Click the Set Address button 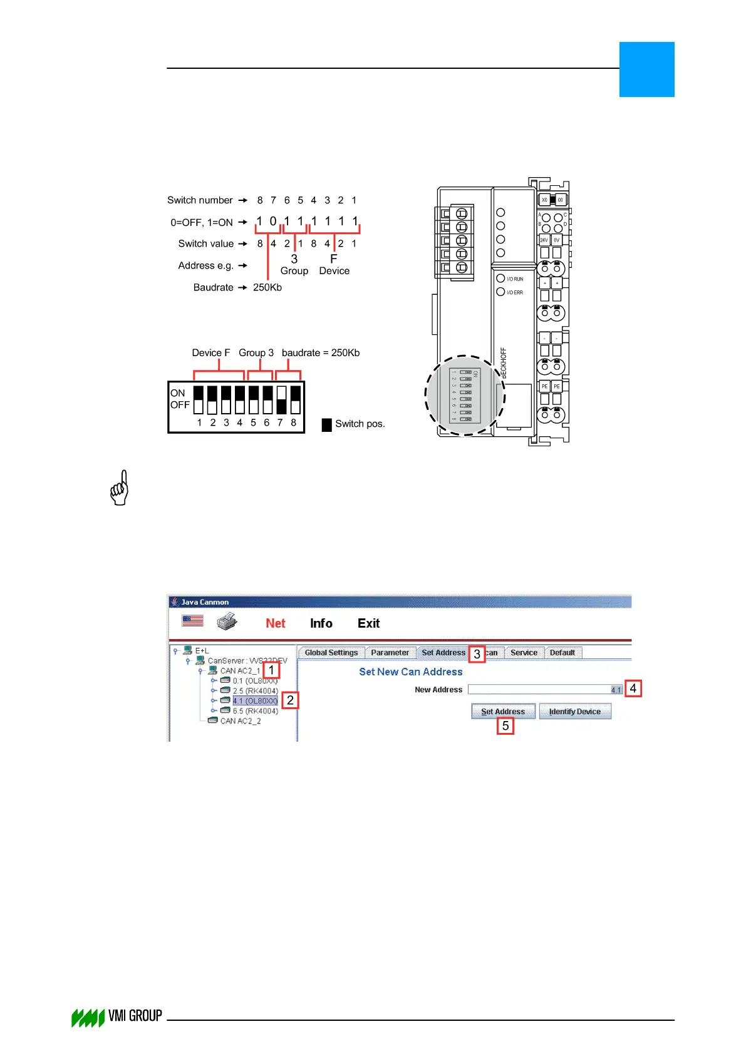(x=503, y=712)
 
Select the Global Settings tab (x=331, y=653)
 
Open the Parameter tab (x=390, y=653)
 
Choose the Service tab (x=524, y=653)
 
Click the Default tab (x=562, y=653)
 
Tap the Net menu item (x=276, y=623)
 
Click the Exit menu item (x=368, y=623)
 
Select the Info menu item (x=321, y=623)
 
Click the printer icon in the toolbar (x=227, y=622)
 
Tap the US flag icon (x=193, y=620)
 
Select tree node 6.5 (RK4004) (x=255, y=711)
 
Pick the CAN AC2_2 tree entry (x=241, y=721)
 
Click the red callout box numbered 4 (x=633, y=688)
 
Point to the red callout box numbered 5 (x=505, y=726)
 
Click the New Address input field (x=539, y=690)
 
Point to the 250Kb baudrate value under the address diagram (x=267, y=287)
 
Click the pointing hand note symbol (x=120, y=488)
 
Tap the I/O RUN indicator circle (x=500, y=279)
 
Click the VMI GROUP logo (x=117, y=1016)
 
